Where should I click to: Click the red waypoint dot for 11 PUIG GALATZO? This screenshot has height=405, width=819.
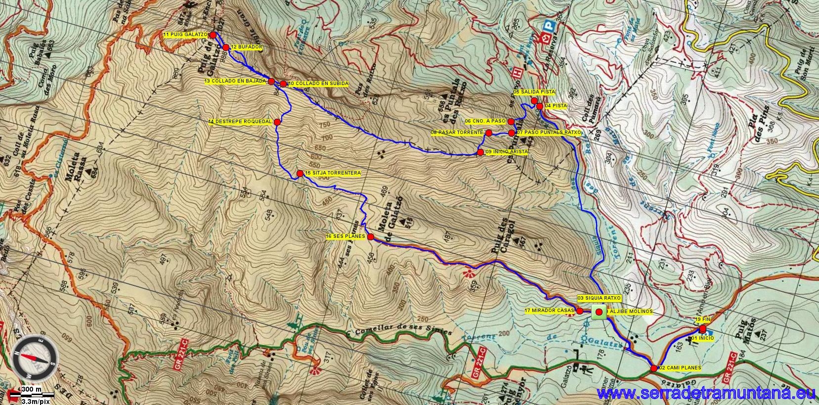click(213, 35)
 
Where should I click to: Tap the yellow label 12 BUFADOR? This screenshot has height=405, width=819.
click(246, 47)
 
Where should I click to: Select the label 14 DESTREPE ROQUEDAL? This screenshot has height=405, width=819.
click(241, 122)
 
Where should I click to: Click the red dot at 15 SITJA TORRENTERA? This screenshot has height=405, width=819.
click(300, 173)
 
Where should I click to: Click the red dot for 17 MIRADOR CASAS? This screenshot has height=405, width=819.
click(580, 311)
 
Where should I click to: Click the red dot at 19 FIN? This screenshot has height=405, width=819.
click(703, 327)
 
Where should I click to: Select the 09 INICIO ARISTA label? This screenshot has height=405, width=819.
click(506, 152)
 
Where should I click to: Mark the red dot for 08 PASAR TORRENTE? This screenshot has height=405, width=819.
click(488, 133)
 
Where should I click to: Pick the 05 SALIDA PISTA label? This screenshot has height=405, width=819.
click(534, 92)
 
